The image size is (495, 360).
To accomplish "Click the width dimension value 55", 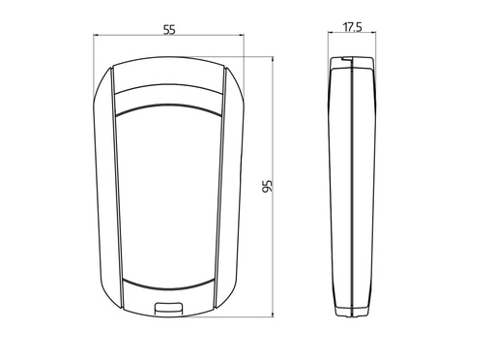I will [x=169, y=29].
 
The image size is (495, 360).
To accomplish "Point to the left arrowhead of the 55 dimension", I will [x=97, y=38].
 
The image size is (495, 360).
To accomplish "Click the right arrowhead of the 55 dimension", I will [x=242, y=38].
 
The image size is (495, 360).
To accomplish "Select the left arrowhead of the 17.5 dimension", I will [x=332, y=38].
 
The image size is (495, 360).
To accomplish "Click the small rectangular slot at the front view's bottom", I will [x=169, y=309].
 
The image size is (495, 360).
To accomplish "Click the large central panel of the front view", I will [x=169, y=194].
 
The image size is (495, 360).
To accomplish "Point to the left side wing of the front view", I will [x=104, y=184].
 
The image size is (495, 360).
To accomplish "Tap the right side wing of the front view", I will [x=234, y=184].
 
